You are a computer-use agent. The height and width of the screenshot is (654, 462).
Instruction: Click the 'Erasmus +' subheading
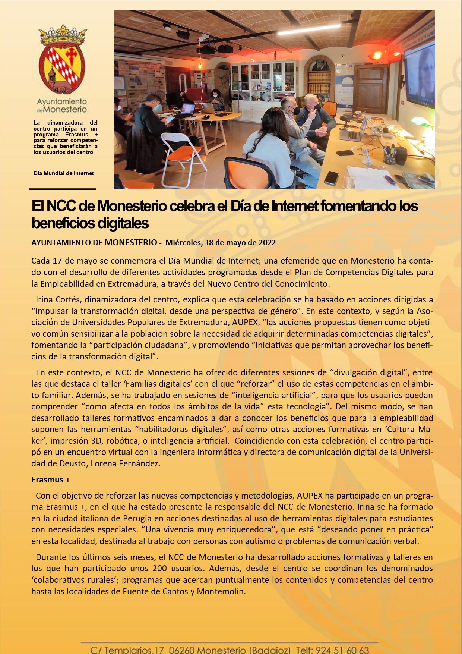tap(51, 480)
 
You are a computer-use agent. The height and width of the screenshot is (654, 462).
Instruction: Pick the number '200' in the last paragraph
tap(159, 568)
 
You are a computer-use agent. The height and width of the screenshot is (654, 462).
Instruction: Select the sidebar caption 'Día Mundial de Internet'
tap(63, 173)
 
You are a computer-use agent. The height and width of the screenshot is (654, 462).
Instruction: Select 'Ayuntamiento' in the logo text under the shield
tap(62, 101)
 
